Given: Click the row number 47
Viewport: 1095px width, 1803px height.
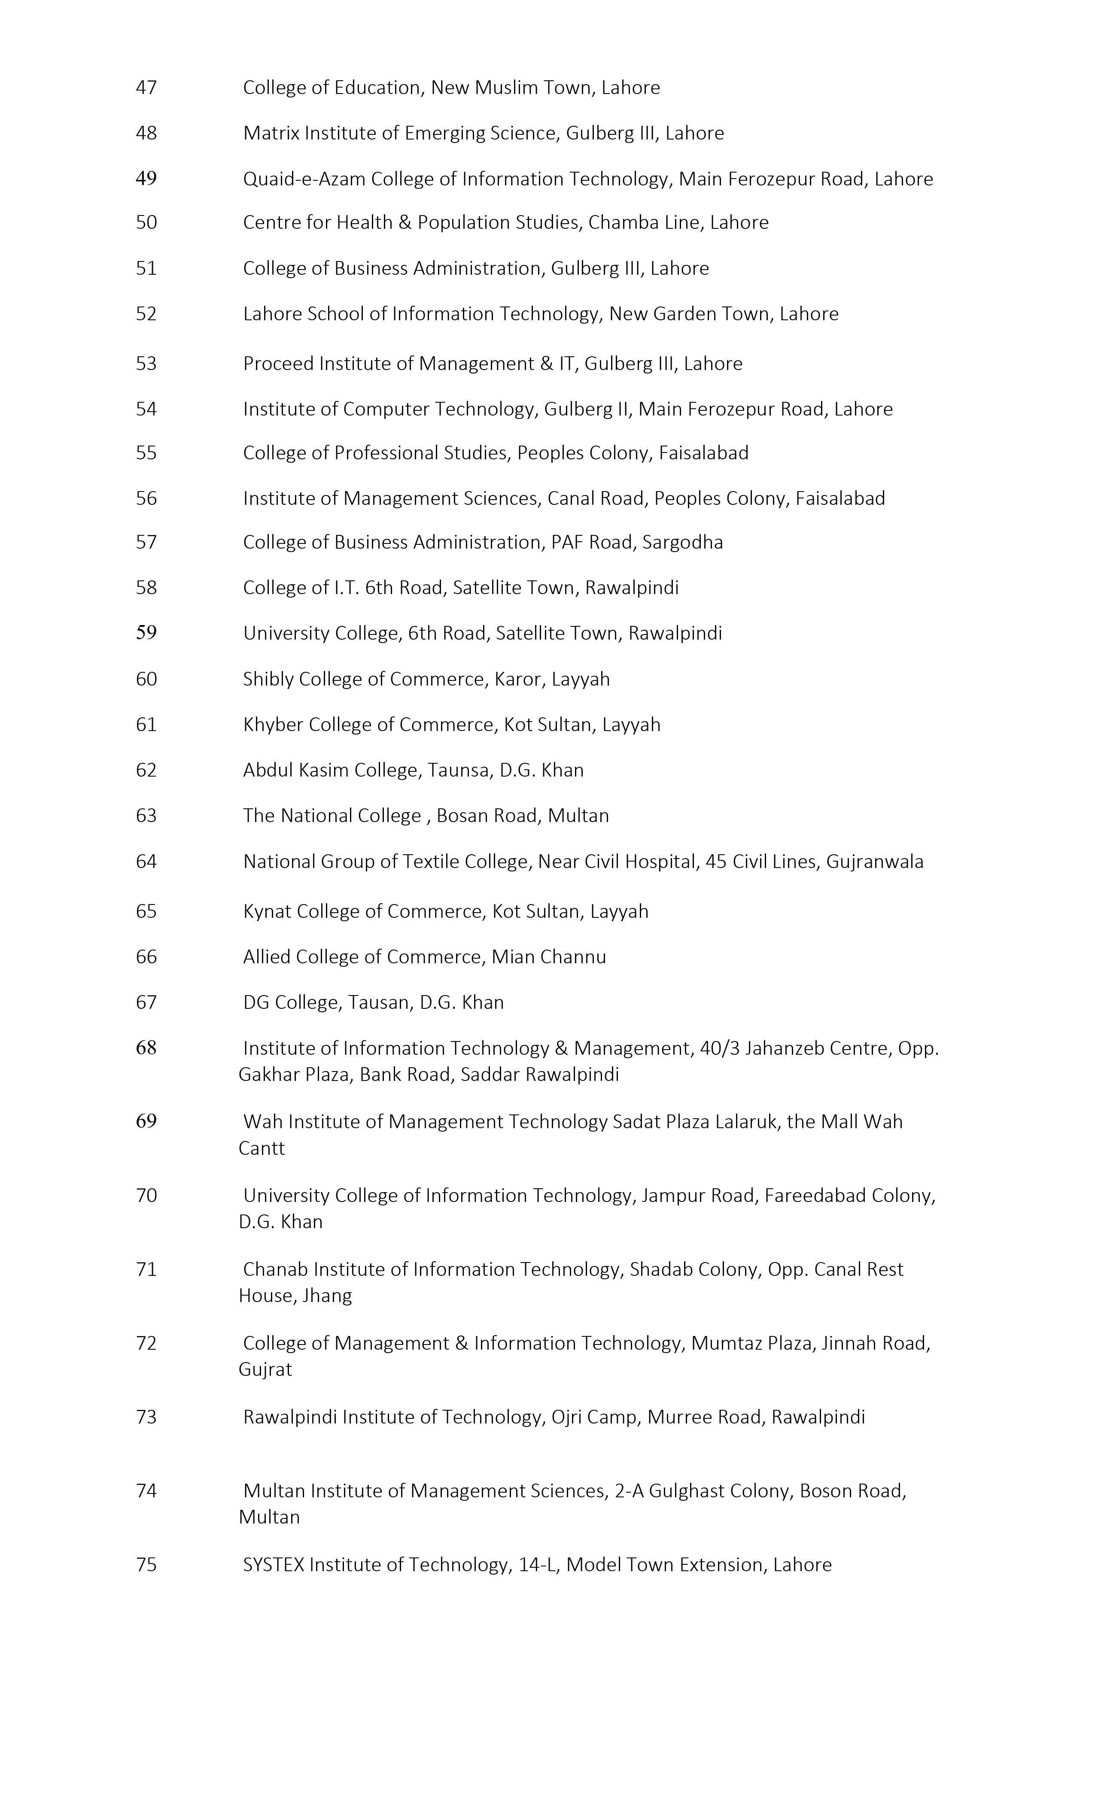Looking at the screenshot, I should tap(146, 88).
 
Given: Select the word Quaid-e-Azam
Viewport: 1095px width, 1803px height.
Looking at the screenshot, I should tap(304, 179).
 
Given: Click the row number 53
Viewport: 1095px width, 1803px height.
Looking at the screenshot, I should tap(146, 364).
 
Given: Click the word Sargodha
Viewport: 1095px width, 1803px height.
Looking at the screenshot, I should tap(682, 542).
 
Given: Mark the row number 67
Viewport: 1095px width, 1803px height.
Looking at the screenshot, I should tap(146, 1002).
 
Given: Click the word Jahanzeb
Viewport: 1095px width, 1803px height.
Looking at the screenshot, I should tap(791, 1049).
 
